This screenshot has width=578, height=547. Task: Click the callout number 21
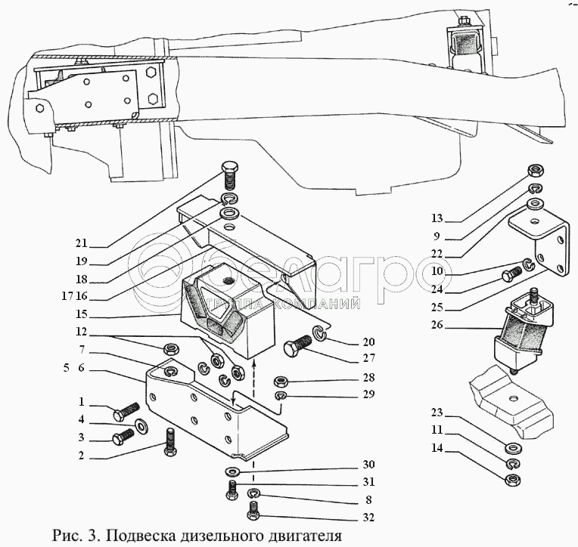[x=81, y=243]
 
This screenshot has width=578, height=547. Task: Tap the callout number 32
[x=368, y=518]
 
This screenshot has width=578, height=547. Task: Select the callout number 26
[x=437, y=325]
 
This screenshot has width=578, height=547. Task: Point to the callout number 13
[x=437, y=218]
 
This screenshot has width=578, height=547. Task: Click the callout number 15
[x=81, y=314]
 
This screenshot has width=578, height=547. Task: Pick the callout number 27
[x=368, y=358]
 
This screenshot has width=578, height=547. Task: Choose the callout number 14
[x=437, y=448]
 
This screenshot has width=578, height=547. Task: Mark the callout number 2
[x=82, y=456]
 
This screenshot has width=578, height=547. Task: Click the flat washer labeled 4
[x=141, y=425]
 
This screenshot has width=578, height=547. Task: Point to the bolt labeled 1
[x=126, y=412]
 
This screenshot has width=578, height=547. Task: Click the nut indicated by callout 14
[x=513, y=480]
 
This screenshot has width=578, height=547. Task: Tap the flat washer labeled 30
[x=232, y=471]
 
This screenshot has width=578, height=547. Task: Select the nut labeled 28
[x=281, y=381]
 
